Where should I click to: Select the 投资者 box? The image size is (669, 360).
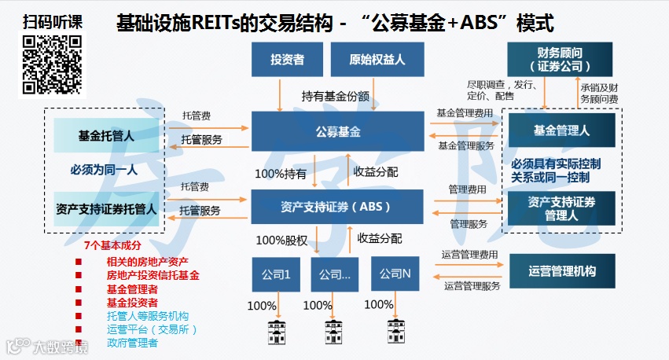[287, 60]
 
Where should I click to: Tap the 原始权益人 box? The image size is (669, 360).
[372, 60]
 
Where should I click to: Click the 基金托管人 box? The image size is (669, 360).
[106, 135]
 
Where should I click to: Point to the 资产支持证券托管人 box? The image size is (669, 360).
[106, 210]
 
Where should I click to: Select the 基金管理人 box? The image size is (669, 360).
[561, 130]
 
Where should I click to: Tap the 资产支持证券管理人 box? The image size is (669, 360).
[561, 208]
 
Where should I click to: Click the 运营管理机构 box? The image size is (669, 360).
[561, 271]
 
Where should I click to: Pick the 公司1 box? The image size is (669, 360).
[276, 275]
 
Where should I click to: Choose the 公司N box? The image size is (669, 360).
[395, 274]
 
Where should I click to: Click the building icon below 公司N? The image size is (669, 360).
[391, 329]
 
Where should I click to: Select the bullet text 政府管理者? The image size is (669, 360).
[132, 343]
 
